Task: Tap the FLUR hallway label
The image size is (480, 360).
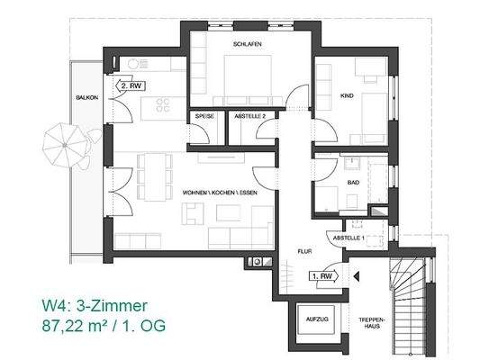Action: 304,252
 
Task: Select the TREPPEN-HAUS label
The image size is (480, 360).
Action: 374,324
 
